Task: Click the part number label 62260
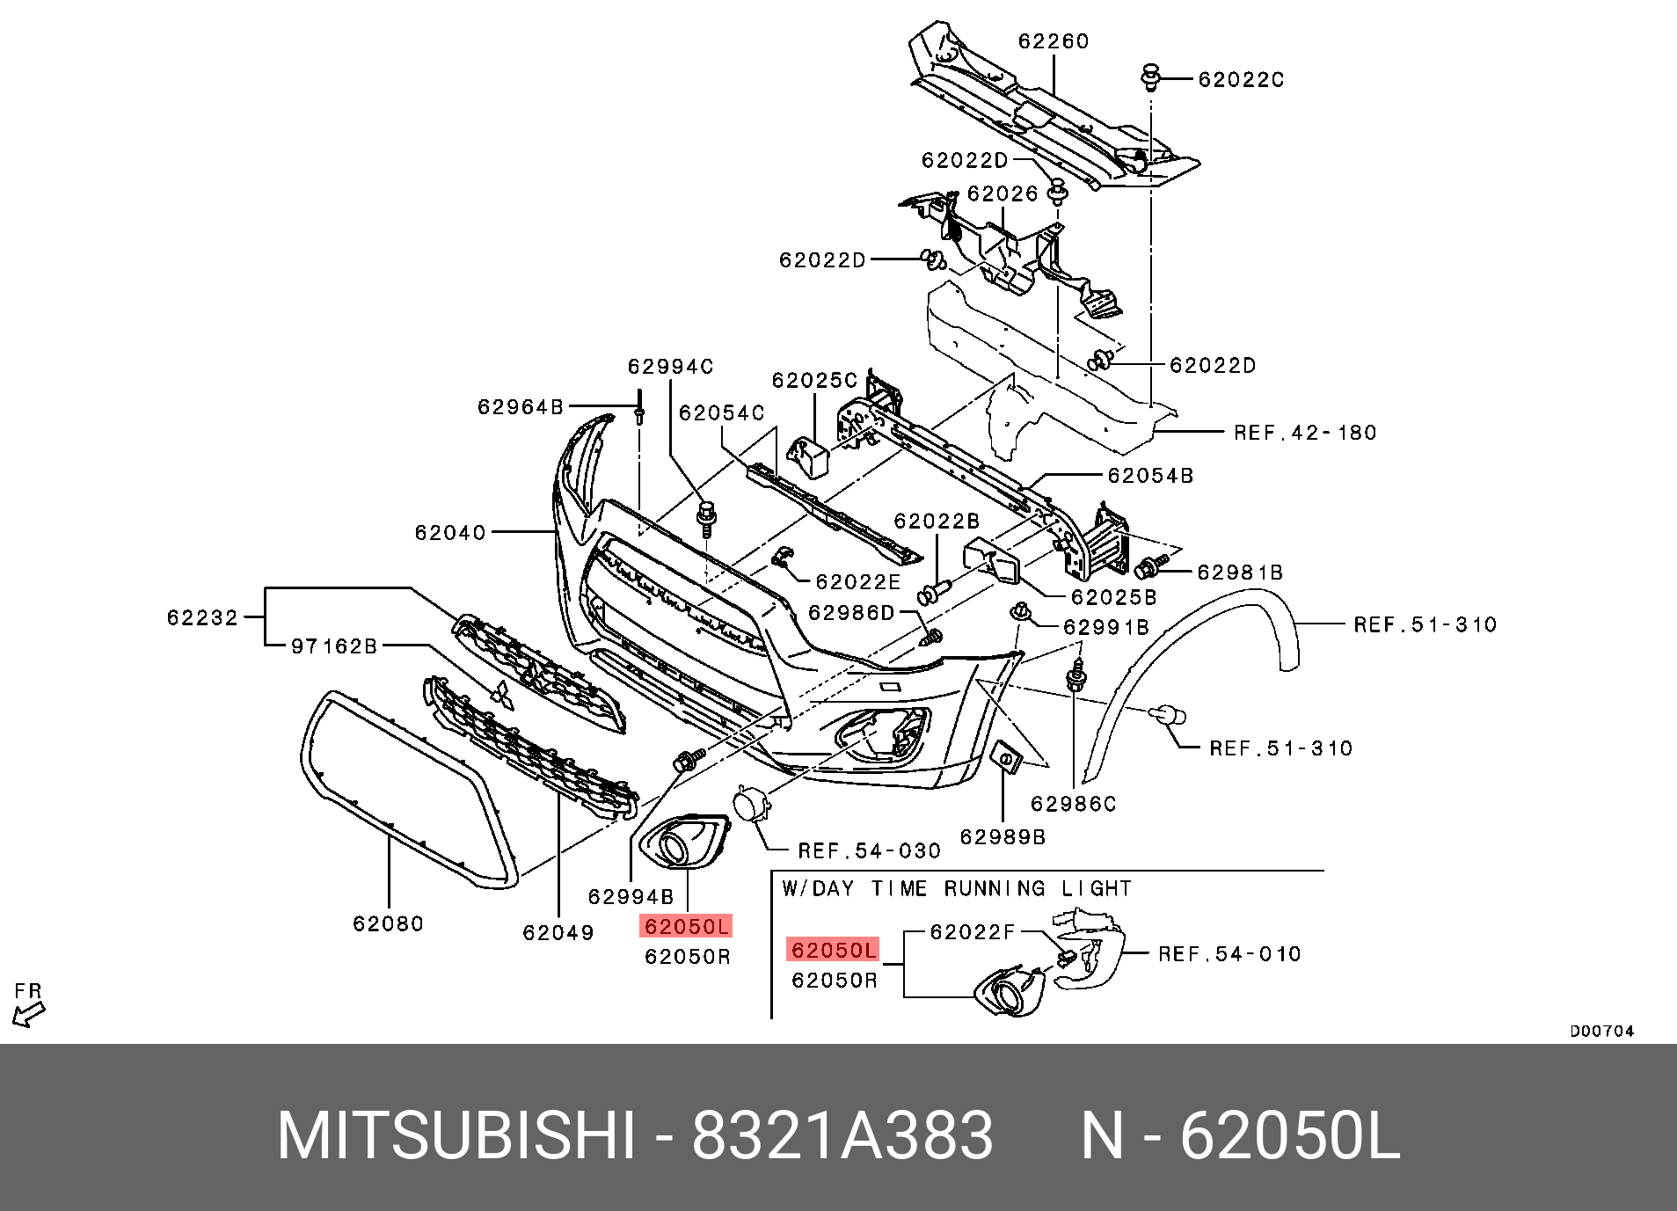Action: (x=1054, y=41)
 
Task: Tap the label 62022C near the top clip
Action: (x=1241, y=80)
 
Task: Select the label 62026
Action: (x=1003, y=193)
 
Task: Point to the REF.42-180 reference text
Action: (x=1305, y=433)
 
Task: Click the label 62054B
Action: (x=1150, y=476)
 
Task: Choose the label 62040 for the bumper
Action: (x=450, y=533)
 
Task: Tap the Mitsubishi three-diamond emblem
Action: (x=502, y=696)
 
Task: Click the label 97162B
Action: (x=334, y=646)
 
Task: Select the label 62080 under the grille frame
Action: (x=388, y=924)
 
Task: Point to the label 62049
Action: (x=558, y=933)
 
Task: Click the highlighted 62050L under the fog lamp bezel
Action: (x=686, y=926)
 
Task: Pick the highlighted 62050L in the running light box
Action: (x=833, y=950)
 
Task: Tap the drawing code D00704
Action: (x=1602, y=1032)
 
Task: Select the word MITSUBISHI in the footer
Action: (x=456, y=1135)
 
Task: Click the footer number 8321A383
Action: (x=842, y=1135)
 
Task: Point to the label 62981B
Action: (x=1240, y=573)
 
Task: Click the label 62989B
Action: (x=1003, y=837)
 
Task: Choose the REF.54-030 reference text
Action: (x=869, y=851)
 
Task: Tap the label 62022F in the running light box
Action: (x=973, y=932)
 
